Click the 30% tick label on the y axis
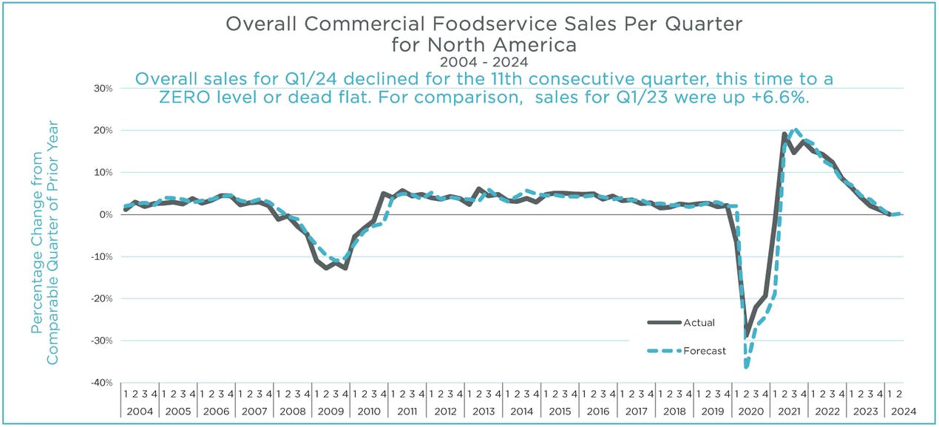point(103,88)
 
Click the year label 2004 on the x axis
point(140,410)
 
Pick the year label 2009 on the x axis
point(330,410)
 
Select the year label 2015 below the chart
point(559,410)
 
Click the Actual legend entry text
point(699,322)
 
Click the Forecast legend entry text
point(705,351)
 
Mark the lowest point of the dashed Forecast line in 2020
point(746,366)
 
